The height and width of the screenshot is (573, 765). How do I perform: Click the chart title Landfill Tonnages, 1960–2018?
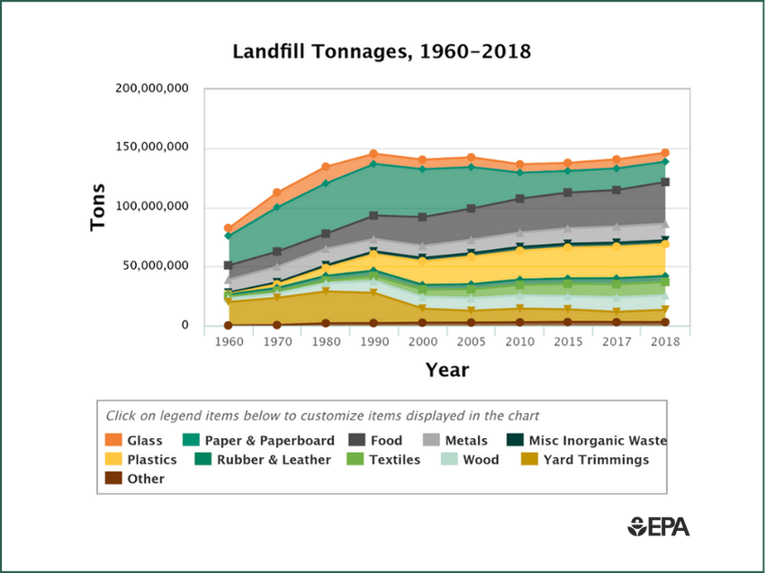382,52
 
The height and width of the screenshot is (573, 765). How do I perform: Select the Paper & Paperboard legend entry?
260,441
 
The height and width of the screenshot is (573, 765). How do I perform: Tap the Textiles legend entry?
386,460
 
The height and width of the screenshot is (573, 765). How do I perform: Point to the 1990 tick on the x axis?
374,343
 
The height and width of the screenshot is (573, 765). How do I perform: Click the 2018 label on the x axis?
664,343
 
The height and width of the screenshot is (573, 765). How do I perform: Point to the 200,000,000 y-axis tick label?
152,88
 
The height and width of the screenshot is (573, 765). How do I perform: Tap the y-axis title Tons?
98,207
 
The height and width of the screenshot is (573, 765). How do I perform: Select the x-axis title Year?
446,370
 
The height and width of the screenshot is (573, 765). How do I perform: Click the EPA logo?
659,526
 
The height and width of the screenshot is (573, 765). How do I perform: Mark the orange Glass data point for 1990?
373,154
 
